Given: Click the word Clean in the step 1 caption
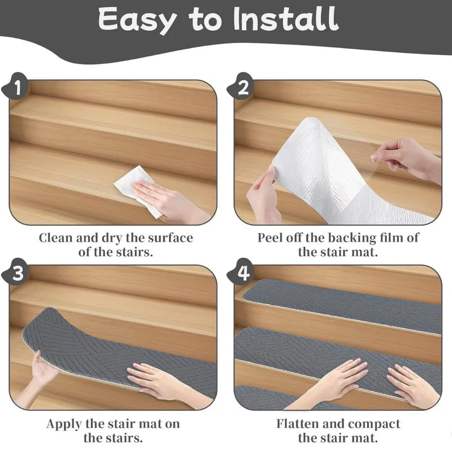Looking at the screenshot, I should coord(55,238).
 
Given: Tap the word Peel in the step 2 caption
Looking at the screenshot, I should coord(270,238).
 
